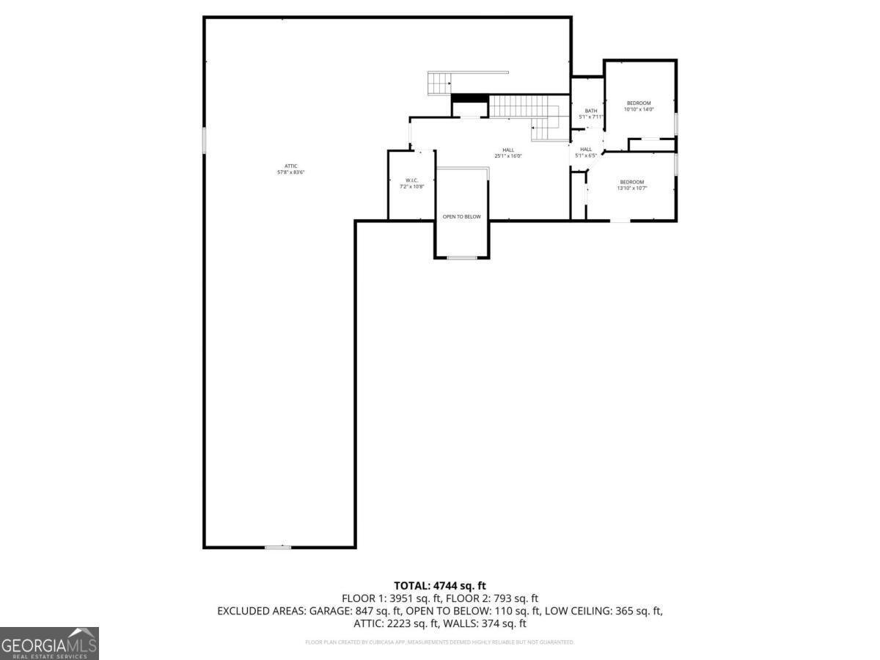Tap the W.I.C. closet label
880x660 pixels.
click(x=411, y=180)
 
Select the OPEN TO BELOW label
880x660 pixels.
click(x=462, y=216)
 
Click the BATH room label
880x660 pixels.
click(x=590, y=111)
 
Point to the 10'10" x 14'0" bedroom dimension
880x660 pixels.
click(x=638, y=109)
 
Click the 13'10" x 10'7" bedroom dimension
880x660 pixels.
click(x=631, y=188)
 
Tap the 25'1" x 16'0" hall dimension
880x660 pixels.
click(x=507, y=156)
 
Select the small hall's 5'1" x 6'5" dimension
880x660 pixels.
click(x=586, y=155)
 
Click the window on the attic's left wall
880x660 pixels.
click(x=205, y=140)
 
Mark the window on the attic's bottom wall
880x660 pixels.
click(x=278, y=547)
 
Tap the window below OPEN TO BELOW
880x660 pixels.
click(x=462, y=257)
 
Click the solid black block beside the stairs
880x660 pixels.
click(x=469, y=98)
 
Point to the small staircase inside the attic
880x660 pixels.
click(x=440, y=84)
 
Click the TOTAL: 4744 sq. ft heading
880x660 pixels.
click(x=440, y=585)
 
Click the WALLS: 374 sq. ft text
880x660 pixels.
click(x=488, y=623)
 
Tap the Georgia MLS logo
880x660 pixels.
click(x=49, y=643)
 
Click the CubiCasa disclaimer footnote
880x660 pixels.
click(x=440, y=642)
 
